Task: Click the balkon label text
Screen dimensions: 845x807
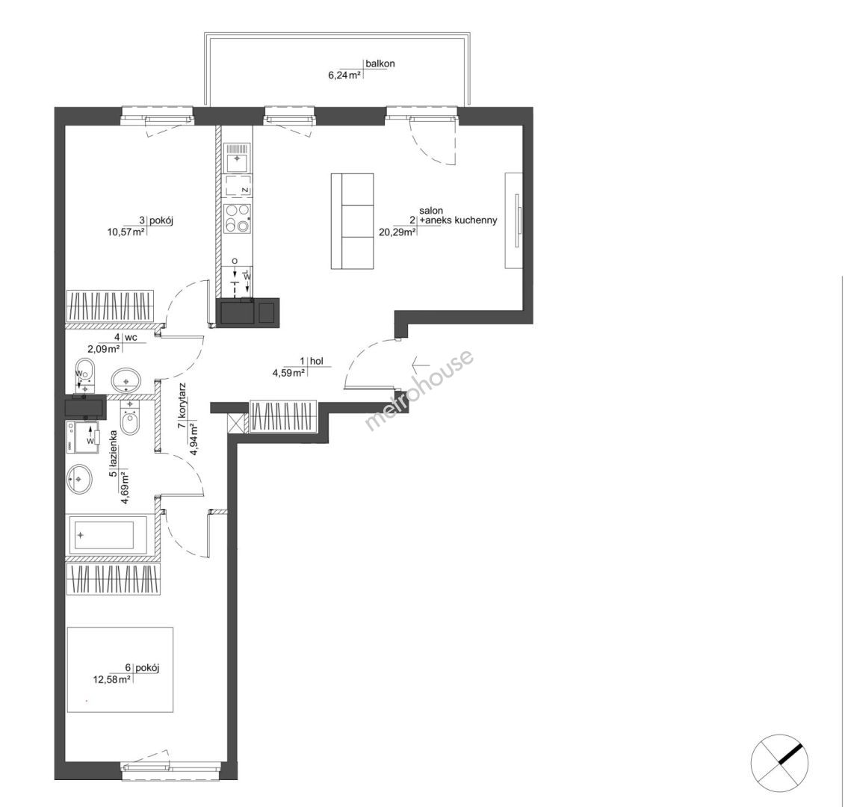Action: click(380, 64)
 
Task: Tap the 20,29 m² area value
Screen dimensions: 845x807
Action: click(398, 232)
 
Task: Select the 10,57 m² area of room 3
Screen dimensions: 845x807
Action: click(127, 232)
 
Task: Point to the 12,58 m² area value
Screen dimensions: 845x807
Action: click(111, 680)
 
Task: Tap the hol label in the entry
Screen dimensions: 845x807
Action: click(317, 361)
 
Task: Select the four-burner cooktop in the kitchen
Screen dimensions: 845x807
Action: click(237, 219)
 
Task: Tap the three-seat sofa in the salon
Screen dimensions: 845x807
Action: click(353, 221)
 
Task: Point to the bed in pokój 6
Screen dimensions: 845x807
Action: click(120, 669)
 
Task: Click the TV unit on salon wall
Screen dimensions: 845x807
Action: click(513, 220)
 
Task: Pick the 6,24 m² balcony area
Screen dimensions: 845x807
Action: click(344, 75)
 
